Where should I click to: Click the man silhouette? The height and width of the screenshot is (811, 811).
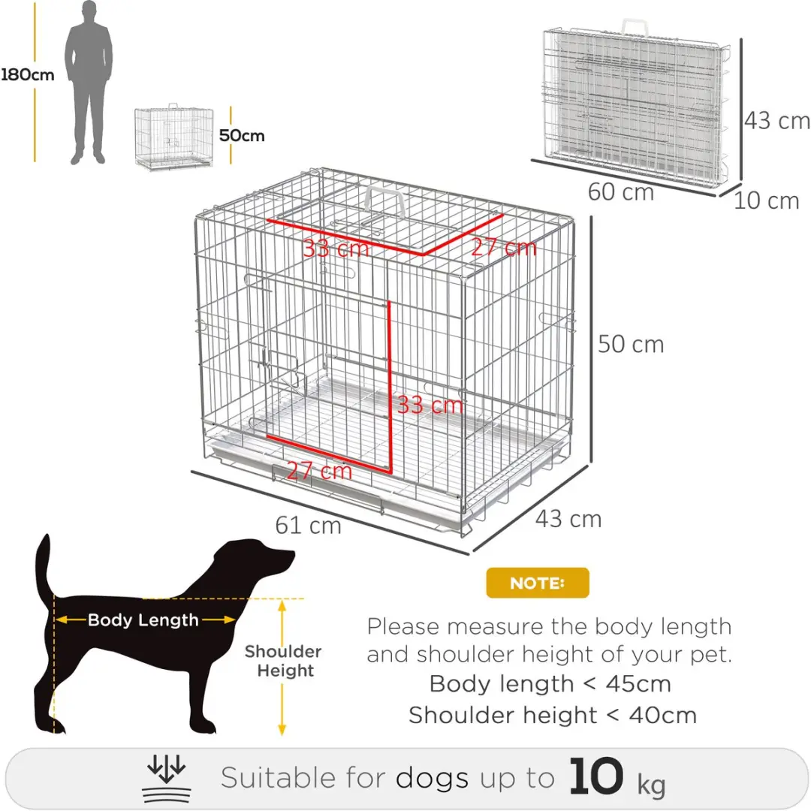point(88,83)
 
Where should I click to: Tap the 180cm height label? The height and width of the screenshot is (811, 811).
point(28,75)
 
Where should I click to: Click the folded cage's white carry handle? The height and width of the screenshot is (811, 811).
point(635,27)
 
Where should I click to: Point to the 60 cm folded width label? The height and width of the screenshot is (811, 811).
point(621,192)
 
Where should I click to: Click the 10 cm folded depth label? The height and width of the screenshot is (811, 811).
point(767,200)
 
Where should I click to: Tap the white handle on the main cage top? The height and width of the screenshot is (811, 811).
point(384,202)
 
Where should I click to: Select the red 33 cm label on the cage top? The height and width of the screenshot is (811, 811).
point(336,249)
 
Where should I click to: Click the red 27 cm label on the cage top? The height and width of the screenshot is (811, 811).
point(504,247)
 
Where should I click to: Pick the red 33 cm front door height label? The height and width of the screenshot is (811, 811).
point(430,405)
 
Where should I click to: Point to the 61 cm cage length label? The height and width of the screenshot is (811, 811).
point(309,526)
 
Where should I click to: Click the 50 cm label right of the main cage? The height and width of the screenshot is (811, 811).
point(631,345)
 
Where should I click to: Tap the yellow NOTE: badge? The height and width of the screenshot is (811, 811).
point(538,583)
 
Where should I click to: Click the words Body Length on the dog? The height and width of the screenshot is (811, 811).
point(143,620)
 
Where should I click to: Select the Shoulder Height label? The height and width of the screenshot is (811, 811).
point(283,661)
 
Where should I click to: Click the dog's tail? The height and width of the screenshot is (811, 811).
point(45,566)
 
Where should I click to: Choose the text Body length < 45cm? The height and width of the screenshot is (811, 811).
point(550,684)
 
